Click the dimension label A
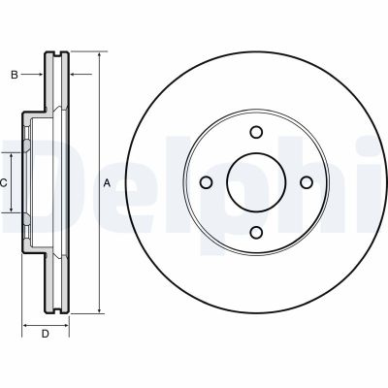click(107, 182)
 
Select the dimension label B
click(14, 75)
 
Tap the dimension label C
click(4, 182)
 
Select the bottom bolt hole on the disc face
click(256, 231)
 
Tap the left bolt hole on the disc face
click(207, 181)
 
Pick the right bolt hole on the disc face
click(306, 181)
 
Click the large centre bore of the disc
click(256, 181)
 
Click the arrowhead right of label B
click(43, 75)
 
